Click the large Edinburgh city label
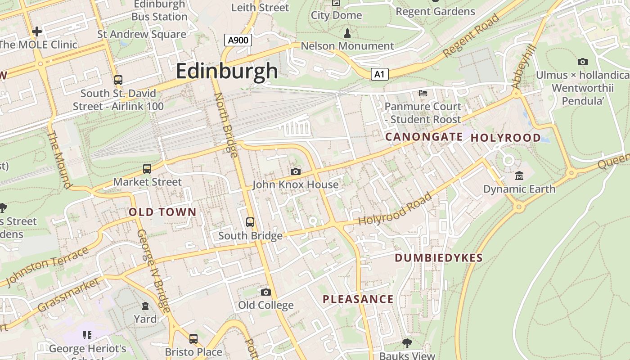227,71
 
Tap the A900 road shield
238,40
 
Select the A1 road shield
380,74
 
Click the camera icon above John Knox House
296,171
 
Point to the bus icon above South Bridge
250,222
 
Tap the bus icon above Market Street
147,169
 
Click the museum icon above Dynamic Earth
519,175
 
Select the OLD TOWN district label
162,212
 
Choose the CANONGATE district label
424,137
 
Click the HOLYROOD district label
506,138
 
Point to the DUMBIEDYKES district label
439,258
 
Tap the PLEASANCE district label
358,299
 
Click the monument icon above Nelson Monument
347,33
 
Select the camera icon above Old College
266,292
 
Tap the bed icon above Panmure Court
423,93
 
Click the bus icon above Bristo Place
193,338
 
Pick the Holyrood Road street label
395,209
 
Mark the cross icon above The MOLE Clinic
37,31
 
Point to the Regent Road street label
471,36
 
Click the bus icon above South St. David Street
118,80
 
